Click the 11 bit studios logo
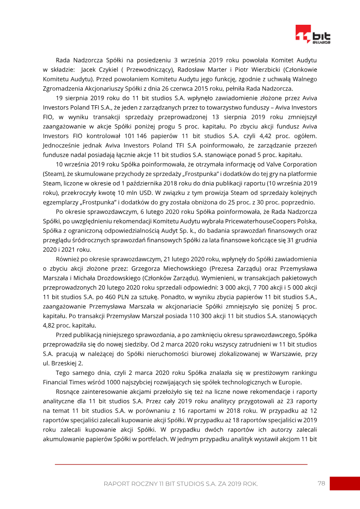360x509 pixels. (313, 34)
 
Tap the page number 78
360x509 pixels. (321, 483)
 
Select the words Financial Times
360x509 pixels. (66, 382)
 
